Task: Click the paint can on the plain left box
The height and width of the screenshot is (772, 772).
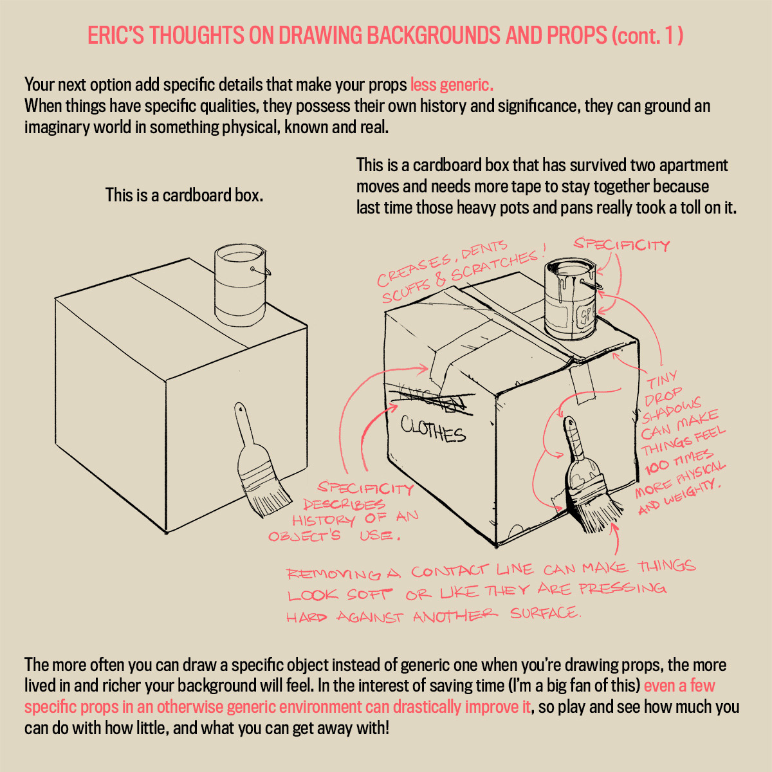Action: point(241,285)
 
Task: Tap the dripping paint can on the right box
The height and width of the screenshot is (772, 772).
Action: point(571,299)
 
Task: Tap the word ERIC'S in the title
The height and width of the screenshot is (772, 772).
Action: point(115,35)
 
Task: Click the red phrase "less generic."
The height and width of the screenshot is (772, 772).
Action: point(452,84)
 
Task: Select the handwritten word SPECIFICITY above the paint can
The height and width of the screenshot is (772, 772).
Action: point(621,244)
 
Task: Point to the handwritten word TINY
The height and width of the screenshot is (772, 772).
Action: point(662,379)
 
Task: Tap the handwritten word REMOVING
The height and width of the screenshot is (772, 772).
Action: point(334,574)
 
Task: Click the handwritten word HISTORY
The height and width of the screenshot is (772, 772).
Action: point(324,520)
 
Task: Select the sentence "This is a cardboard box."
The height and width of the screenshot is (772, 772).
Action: point(184,195)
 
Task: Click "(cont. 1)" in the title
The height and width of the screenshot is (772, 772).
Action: point(647,35)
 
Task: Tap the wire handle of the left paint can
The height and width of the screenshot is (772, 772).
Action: point(262,271)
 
